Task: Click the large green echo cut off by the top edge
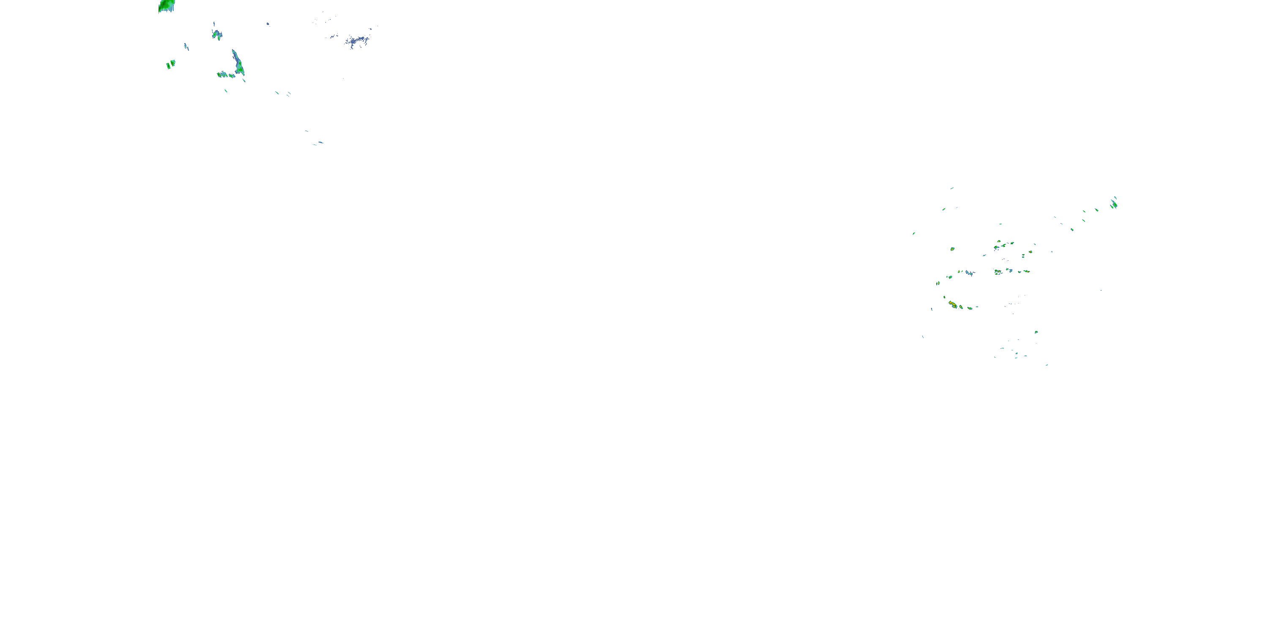pos(167,6)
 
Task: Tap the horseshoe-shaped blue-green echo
pos(216,35)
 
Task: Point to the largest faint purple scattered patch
pos(357,41)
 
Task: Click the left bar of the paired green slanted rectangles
pos(168,66)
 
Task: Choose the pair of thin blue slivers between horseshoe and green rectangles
pos(186,47)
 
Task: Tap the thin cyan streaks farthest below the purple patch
pos(318,143)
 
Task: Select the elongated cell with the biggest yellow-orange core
pos(954,305)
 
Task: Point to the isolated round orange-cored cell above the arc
pos(952,249)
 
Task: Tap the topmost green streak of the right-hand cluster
pos(952,188)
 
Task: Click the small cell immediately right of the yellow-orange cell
pos(961,307)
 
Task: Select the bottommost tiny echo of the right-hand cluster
pos(1047,365)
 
